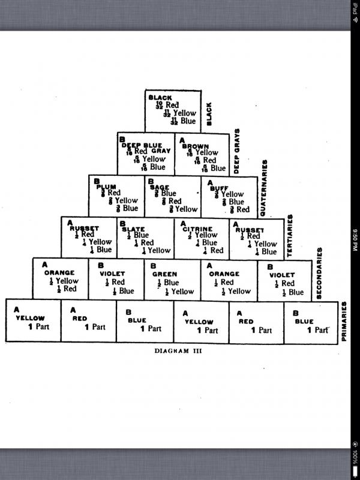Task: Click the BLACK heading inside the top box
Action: (x=160, y=98)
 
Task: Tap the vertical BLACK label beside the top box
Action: (x=209, y=113)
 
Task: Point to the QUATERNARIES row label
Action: (x=263, y=188)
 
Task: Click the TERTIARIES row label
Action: (x=290, y=236)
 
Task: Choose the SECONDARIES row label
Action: (x=319, y=274)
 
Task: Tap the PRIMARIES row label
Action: (x=344, y=321)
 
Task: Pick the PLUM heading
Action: (x=106, y=187)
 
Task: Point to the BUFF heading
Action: (x=219, y=188)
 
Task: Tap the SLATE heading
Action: (x=133, y=229)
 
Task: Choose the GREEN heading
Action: (x=164, y=274)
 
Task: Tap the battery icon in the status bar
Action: (x=354, y=457)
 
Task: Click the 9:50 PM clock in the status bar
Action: (x=354, y=240)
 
